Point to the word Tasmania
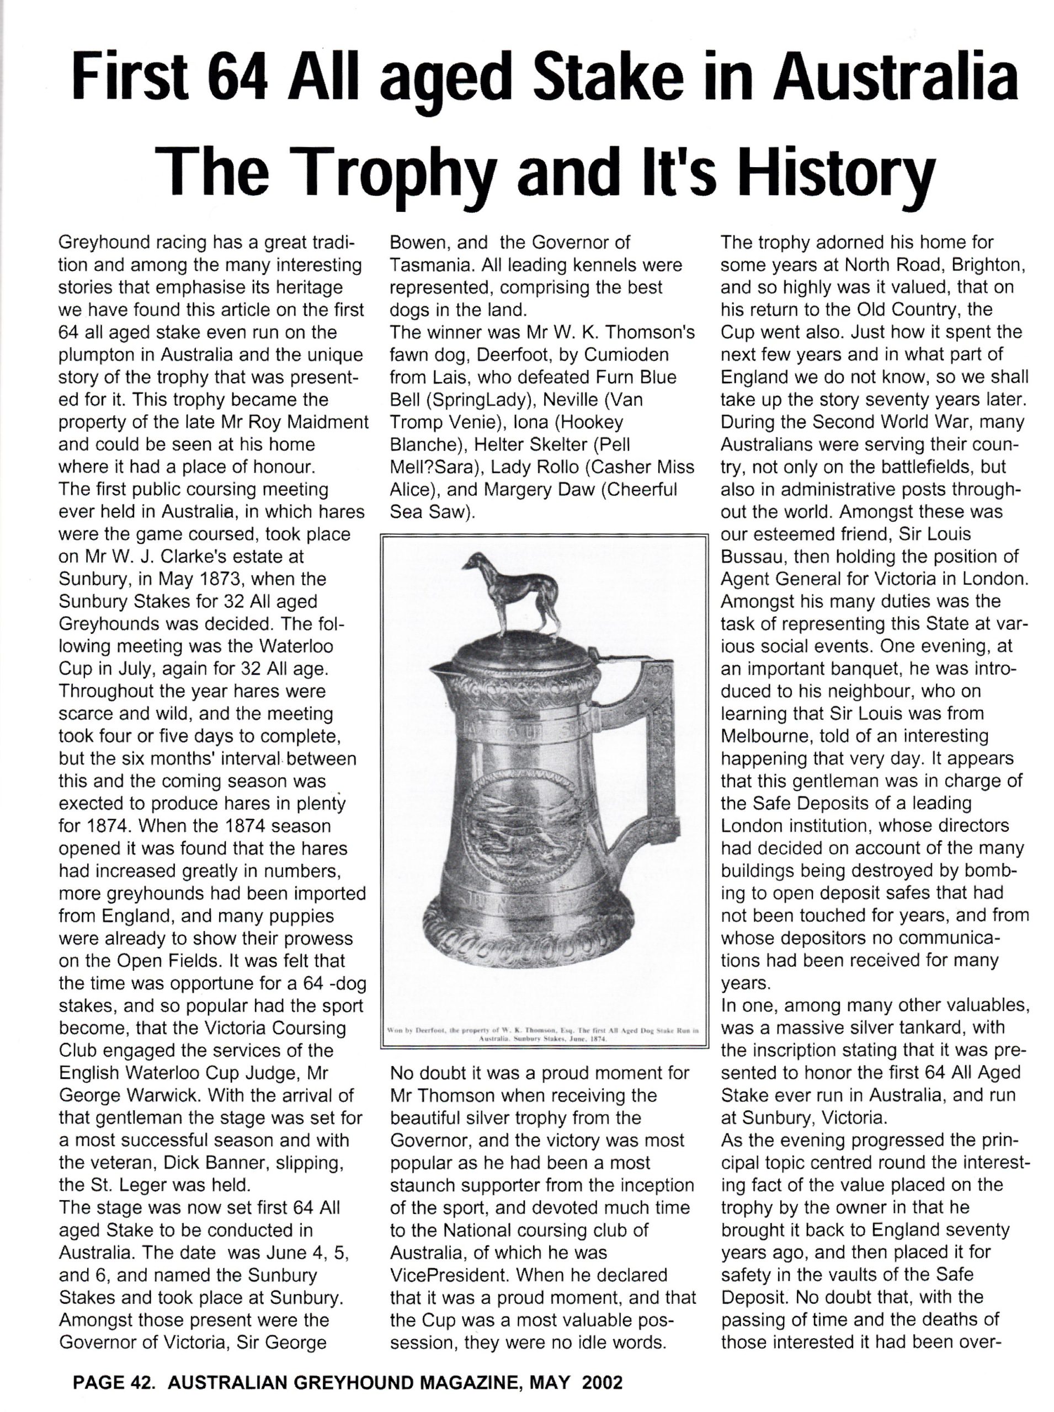[430, 265]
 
